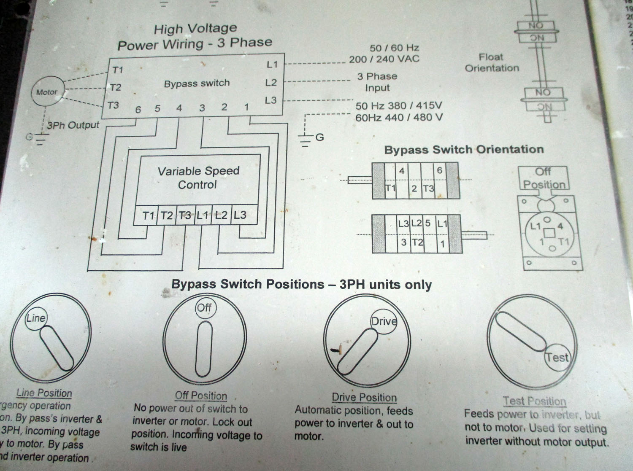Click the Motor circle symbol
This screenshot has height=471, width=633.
point(47,92)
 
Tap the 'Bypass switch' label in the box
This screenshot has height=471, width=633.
point(197,83)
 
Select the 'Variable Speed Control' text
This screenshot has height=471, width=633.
point(198,178)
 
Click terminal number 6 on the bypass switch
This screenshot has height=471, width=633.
point(138,110)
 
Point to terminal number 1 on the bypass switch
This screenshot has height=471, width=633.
point(246,107)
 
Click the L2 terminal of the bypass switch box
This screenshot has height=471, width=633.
point(271,83)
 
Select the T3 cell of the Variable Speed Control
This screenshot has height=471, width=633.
point(185,215)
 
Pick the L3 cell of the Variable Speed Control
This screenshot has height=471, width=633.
point(240,215)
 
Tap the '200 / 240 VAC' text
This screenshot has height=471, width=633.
point(384,59)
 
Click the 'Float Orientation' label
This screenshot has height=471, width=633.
point(492,62)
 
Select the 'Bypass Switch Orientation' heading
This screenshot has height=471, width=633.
point(464,150)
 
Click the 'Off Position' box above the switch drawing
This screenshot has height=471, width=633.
point(544,178)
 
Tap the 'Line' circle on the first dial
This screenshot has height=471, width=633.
point(36,318)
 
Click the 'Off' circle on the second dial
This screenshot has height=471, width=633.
point(204,307)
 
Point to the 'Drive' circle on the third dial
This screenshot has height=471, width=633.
point(384,322)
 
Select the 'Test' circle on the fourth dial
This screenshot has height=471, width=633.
point(557,358)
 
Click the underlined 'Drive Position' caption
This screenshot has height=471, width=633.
point(364,397)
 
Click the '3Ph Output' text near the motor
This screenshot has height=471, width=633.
point(73,125)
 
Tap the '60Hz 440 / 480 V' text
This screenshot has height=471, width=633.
point(399,117)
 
